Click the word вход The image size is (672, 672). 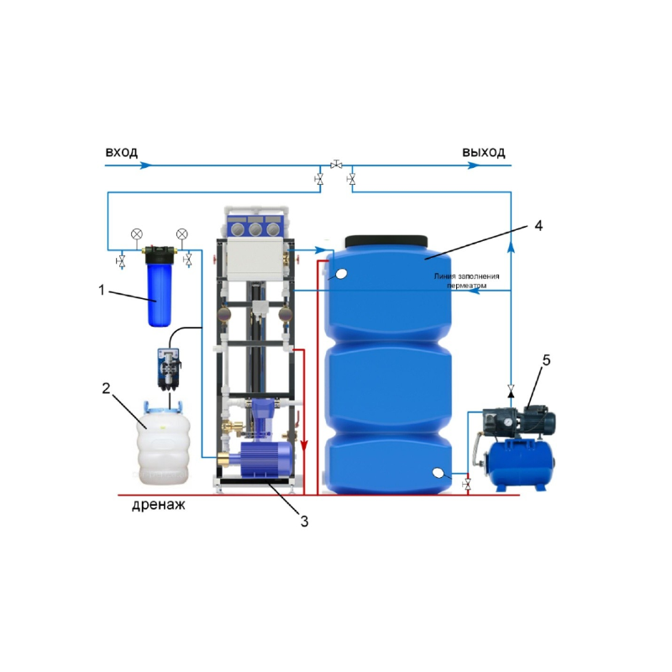click(x=121, y=152)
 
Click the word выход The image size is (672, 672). click(x=484, y=152)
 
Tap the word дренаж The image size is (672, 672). click(x=159, y=505)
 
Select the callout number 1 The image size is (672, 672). click(x=102, y=290)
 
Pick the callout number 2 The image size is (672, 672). click(x=107, y=388)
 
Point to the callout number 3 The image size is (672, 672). click(x=304, y=522)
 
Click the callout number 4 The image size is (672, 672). click(x=538, y=226)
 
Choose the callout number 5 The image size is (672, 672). click(x=546, y=360)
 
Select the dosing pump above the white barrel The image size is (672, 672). click(x=169, y=369)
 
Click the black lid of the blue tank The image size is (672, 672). click(x=386, y=241)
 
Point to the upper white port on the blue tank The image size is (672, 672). click(x=341, y=274)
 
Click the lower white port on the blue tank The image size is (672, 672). click(x=438, y=473)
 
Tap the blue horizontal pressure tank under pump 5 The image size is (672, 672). click(x=522, y=465)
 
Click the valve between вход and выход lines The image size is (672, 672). click(x=336, y=164)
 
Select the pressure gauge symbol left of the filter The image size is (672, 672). click(x=137, y=234)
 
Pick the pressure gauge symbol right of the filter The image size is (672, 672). click(x=181, y=234)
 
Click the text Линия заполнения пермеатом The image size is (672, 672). click(x=466, y=281)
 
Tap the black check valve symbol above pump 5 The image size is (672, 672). click(x=511, y=391)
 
